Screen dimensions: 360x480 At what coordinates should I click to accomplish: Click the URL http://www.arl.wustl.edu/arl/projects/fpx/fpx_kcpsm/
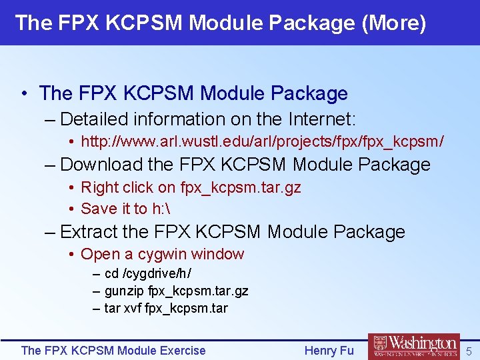tap(262, 141)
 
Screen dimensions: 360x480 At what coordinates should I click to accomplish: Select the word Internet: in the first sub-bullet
tap(323, 119)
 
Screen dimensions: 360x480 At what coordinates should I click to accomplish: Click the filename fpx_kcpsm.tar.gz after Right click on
tap(241, 187)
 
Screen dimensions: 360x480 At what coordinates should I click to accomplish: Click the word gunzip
tap(123, 291)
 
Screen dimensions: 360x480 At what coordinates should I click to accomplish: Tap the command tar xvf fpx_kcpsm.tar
tap(166, 309)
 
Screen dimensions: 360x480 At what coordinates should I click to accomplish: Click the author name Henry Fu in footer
tap(329, 350)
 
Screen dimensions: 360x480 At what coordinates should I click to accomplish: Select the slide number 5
tap(469, 351)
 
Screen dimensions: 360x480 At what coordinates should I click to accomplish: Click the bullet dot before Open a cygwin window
tap(72, 255)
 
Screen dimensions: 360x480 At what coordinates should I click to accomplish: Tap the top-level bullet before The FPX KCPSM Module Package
tap(23, 94)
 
